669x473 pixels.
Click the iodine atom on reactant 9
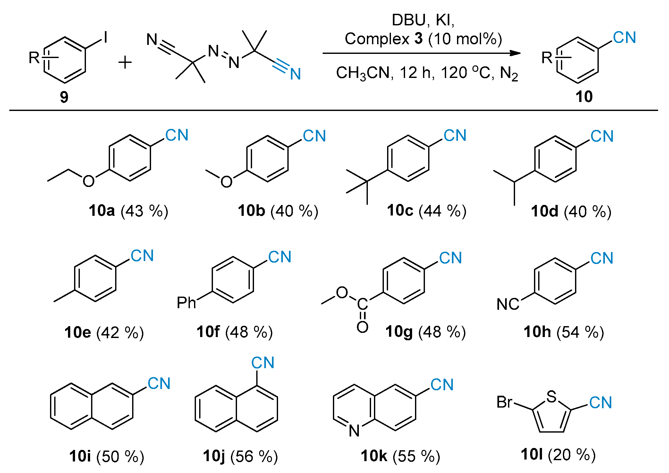pos(106,38)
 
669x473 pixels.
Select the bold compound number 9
pos(64,97)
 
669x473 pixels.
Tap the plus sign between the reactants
pos(125,62)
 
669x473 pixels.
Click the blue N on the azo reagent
pos(295,74)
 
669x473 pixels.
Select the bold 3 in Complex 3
pos(418,39)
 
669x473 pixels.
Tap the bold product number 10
pos(584,97)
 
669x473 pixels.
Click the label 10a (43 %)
pos(129,211)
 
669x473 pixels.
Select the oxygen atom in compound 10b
pos(226,182)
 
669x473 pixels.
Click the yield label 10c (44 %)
pos(427,211)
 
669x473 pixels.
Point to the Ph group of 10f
pos(186,302)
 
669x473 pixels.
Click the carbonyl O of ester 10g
pos(362,327)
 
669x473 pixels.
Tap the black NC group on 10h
pos(508,304)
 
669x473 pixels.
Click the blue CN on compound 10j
pos(263,363)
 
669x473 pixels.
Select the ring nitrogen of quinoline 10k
pos(354,431)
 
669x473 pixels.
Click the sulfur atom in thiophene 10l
pos(551,396)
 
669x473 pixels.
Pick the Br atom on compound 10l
pos(504,402)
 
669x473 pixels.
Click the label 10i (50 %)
pos(106,456)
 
